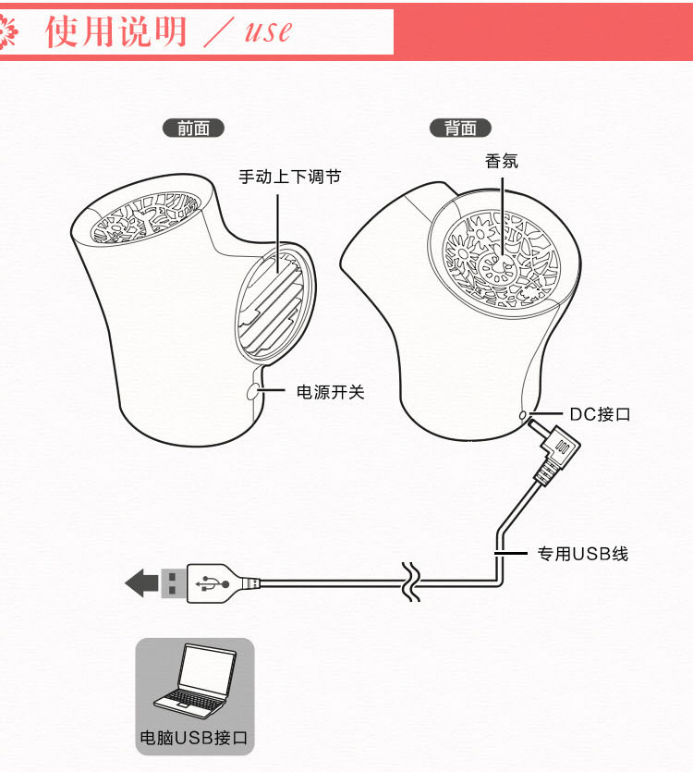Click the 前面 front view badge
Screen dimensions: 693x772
coord(193,129)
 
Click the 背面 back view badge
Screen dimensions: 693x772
coord(460,129)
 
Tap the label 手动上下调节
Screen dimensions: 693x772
coord(290,177)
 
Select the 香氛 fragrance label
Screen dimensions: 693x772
coord(502,161)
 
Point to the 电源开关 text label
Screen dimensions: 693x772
coord(330,392)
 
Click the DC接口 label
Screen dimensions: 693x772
coord(600,414)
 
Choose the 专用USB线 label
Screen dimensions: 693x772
coord(583,554)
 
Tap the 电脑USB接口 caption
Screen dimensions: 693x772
coord(194,737)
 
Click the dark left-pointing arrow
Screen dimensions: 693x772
coord(141,583)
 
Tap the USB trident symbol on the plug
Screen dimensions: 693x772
coord(213,583)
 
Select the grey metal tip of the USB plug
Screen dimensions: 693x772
coord(174,583)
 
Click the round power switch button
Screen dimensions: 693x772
coord(253,391)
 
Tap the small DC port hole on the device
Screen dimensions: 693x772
coord(523,415)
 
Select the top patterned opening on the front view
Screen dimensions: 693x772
coord(146,217)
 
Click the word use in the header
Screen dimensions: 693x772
coord(268,32)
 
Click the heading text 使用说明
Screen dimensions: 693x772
coord(115,31)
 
